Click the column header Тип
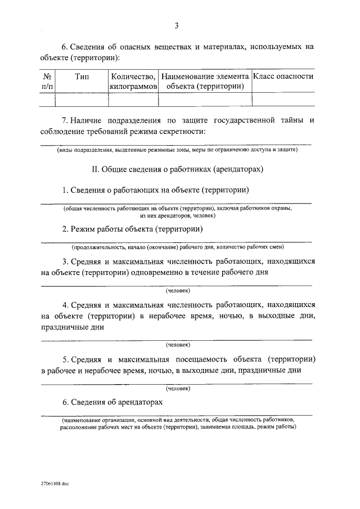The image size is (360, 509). click(82, 76)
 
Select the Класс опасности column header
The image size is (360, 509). click(283, 76)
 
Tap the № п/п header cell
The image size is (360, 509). click(48, 82)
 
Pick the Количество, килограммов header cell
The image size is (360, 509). click(133, 82)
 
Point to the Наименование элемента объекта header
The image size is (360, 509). click(205, 82)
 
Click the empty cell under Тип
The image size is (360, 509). click(82, 100)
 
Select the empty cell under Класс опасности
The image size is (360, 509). click(283, 100)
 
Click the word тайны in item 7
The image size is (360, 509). click(291, 120)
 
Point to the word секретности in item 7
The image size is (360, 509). click(183, 132)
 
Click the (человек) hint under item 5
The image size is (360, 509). click(178, 388)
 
